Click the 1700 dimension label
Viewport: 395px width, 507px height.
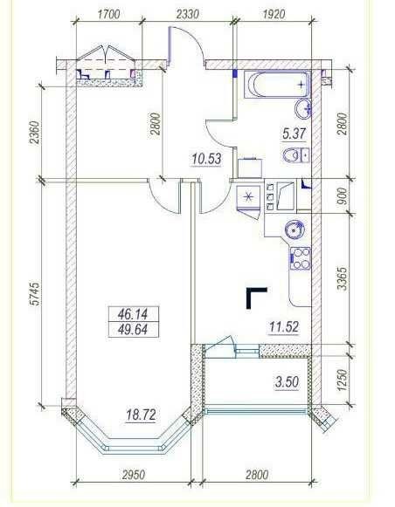coord(108,15)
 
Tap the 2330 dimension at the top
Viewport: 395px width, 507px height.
coord(188,15)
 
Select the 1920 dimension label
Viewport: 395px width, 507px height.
coord(274,15)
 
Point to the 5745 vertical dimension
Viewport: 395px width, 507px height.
coord(35,293)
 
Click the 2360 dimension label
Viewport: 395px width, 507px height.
coord(35,133)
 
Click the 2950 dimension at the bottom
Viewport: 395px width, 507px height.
coord(134,475)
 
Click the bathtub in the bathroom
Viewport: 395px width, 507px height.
coord(277,85)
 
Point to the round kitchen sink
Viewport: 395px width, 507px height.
coord(295,230)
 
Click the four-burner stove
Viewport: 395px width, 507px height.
coord(300,258)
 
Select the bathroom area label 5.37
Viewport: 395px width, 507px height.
coord(294,134)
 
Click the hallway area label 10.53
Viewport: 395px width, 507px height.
coord(206,159)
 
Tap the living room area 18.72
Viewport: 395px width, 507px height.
coord(141,415)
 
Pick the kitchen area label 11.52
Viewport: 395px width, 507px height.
coord(284,327)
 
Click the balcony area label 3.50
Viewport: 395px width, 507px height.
coord(287,382)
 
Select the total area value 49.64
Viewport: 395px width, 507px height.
coord(133,330)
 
